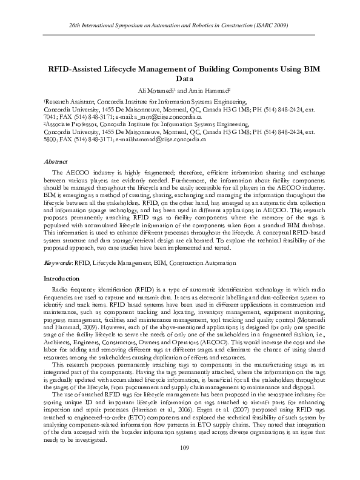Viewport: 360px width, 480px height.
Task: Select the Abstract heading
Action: coord(56,162)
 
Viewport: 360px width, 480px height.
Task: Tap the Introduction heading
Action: coord(61,278)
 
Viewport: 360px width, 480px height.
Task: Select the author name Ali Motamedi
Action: coord(159,90)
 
